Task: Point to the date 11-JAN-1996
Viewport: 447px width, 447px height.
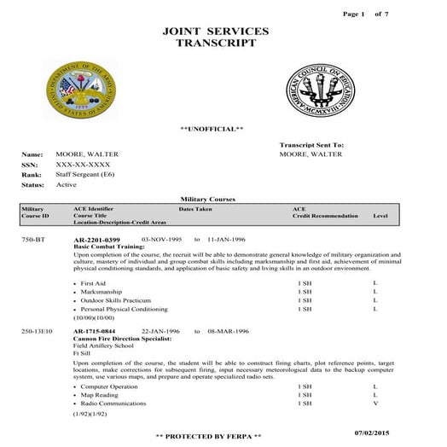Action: tap(226, 241)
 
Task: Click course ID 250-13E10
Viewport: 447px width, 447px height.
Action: tap(38, 330)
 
